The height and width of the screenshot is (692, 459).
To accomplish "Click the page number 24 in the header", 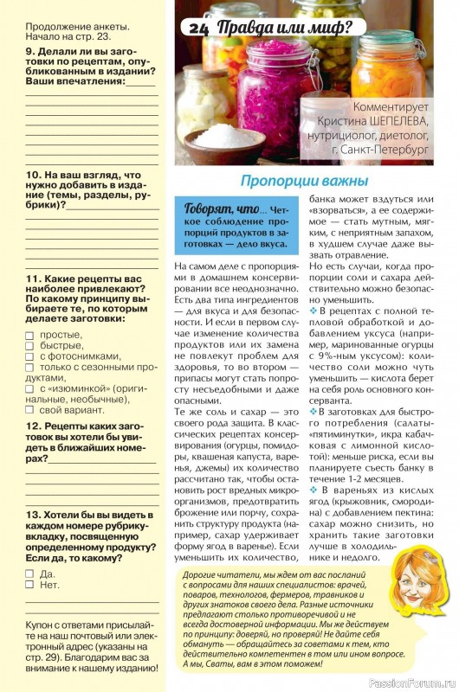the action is click(200, 29).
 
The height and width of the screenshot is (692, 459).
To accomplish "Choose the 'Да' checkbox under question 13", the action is click(29, 573).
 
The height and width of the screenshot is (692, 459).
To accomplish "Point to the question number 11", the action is click(32, 278).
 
